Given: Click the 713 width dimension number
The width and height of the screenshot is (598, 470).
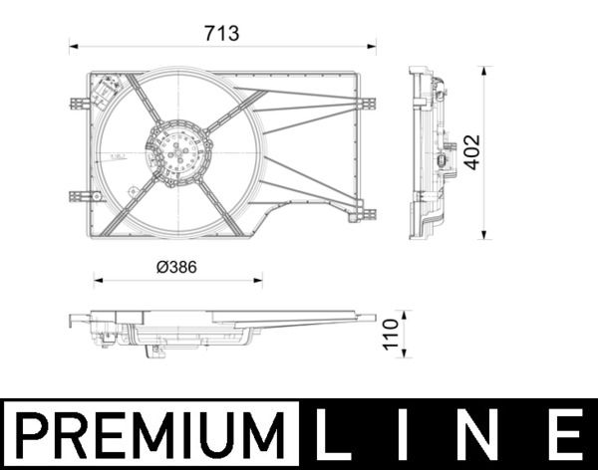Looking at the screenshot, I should [222, 32].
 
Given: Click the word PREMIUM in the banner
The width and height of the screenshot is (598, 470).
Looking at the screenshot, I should [149, 435].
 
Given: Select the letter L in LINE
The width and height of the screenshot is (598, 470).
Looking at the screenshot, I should [340, 435].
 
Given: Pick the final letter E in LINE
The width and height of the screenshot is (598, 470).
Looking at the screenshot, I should [564, 435].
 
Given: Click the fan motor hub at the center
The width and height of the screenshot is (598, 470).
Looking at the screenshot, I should [178, 153].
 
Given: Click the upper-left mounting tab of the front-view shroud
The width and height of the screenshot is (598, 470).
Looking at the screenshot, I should [79, 103].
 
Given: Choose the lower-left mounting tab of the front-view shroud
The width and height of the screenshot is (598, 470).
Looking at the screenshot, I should [79, 196].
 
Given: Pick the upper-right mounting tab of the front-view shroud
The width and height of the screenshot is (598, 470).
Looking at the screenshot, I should [367, 103].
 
